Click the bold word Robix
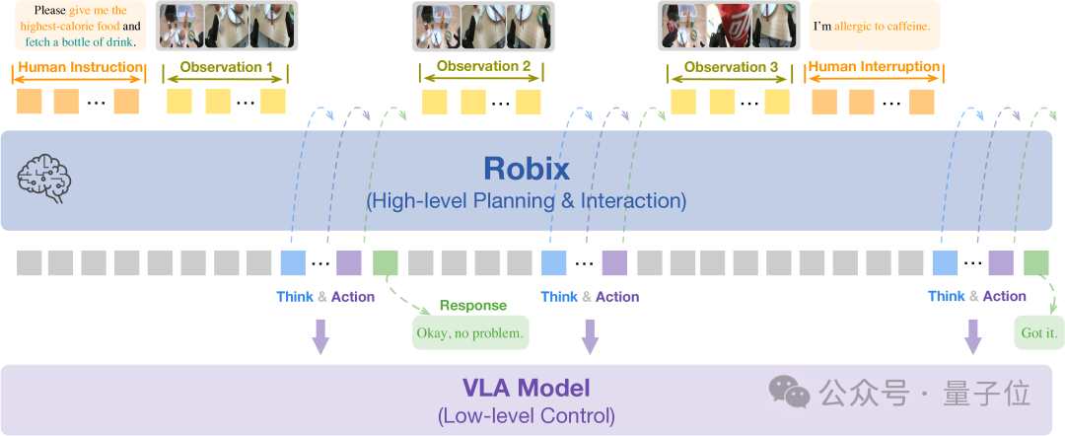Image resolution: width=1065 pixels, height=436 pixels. coord(526,169)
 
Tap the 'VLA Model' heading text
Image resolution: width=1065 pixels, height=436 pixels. coord(526,388)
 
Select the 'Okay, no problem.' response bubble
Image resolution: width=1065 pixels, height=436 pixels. coord(470,332)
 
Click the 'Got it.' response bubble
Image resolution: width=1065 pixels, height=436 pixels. coord(1039,332)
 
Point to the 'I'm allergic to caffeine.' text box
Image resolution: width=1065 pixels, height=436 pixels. coord(873,27)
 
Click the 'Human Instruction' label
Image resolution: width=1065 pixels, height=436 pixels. coord(80,67)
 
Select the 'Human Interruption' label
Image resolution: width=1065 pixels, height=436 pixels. coord(875,67)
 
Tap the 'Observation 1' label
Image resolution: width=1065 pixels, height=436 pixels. coord(226,67)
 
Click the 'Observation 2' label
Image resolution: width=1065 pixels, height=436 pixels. coord(483,67)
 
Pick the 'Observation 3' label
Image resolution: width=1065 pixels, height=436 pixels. coord(731,67)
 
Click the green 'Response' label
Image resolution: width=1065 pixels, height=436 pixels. coord(473,306)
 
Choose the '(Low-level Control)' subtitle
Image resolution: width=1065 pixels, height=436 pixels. coord(526,415)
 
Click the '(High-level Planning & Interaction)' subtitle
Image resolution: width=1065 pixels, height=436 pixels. coord(526,201)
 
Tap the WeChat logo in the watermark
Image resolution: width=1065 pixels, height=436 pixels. coord(789,392)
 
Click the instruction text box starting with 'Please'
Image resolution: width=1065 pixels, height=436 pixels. coord(80,27)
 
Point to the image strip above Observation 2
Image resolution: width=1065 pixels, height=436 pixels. coord(483,27)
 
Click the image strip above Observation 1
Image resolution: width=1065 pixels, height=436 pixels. coord(226,27)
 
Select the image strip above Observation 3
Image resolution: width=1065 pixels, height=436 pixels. coord(731,27)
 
